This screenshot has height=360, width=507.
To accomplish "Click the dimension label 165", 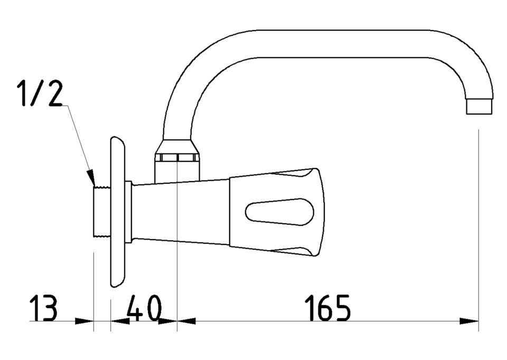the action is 327,307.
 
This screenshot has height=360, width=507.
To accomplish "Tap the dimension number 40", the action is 144,307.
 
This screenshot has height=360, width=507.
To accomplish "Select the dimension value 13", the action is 43,307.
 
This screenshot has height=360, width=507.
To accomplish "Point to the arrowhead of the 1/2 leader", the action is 91,178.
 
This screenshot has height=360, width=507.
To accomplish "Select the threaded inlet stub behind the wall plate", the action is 102,212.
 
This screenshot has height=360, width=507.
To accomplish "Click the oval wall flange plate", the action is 118,212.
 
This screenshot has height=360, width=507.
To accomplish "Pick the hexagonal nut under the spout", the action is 177,157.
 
